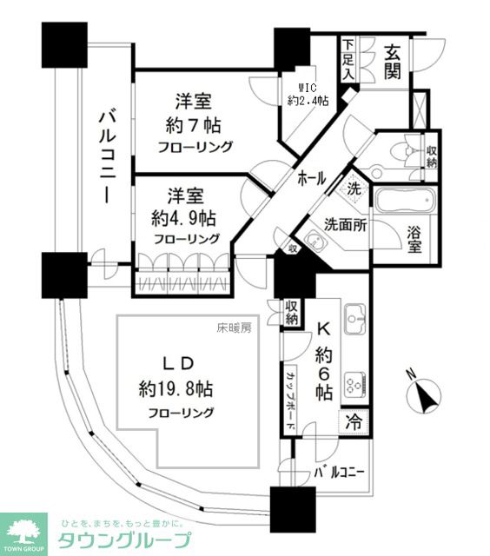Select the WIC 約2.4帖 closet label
click(308, 94)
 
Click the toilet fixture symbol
click(402, 149)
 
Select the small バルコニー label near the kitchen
click(339, 473)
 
